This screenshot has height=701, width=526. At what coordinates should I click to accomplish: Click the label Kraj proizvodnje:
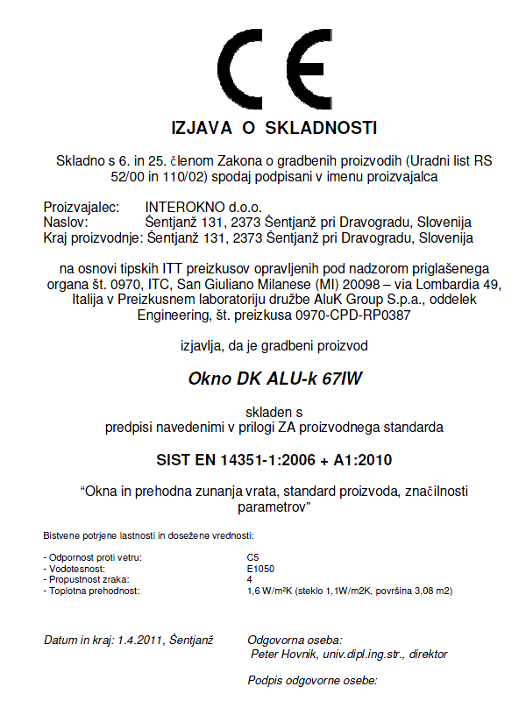(92, 237)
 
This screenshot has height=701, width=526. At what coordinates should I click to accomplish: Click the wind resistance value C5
(253, 556)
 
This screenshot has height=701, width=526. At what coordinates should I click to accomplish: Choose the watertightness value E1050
(260, 568)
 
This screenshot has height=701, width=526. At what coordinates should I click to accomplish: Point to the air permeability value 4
(250, 579)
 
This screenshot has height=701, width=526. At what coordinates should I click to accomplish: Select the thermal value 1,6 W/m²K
(274, 591)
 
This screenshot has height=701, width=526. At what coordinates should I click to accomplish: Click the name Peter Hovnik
(287, 654)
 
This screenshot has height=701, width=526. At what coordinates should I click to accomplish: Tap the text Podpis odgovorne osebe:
(312, 681)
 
